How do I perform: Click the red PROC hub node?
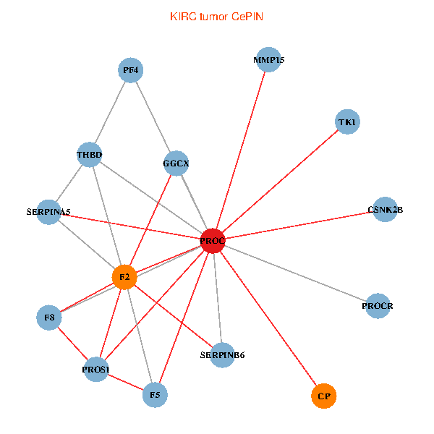coord(213,241)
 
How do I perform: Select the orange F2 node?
coord(124,277)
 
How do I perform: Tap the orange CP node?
coord(324,396)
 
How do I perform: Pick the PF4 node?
coord(130,70)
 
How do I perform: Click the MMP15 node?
coord(269,60)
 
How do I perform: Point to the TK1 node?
coord(347,122)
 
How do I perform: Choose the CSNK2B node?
coord(385,210)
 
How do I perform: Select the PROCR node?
coord(378,306)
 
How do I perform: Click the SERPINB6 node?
coord(223,355)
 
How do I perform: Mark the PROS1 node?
coord(95,370)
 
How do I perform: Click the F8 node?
coord(48,317)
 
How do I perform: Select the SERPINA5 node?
coord(48,212)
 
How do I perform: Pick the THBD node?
coord(90,155)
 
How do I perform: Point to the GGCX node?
coord(176,163)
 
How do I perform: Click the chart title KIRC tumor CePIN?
coord(216,17)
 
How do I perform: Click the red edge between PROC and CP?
coord(268,318)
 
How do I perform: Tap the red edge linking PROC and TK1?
coord(280,182)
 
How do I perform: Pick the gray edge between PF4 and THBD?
coord(110,113)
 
